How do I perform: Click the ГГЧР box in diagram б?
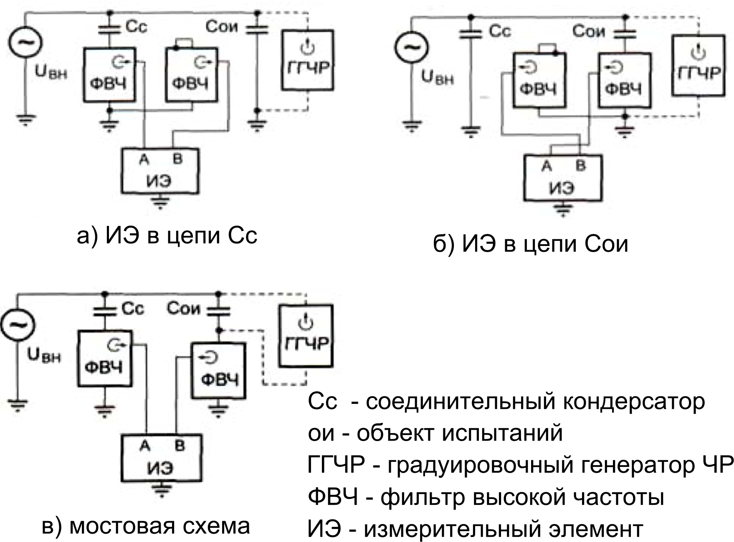coord(698,65)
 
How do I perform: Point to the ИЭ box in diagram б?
coord(563,177)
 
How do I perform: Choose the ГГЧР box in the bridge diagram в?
coord(306,336)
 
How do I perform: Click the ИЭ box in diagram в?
coord(161,458)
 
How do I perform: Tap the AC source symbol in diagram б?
coord(412,48)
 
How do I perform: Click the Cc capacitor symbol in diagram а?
coord(110,28)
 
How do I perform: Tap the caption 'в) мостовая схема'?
coord(146,525)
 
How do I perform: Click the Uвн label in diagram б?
coord(437,78)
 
